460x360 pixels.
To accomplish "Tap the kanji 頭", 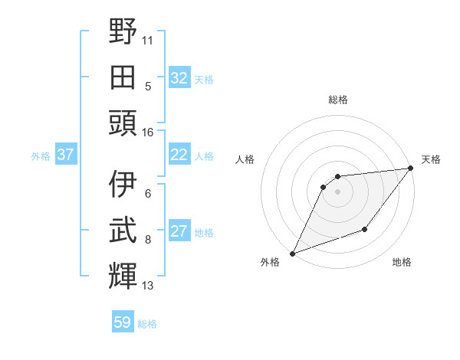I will coord(123,123).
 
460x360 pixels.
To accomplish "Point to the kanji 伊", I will coord(123,184).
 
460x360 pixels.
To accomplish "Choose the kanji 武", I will coord(123,230).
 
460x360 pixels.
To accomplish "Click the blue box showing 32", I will coord(179,78).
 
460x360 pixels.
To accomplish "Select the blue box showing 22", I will coord(179,155).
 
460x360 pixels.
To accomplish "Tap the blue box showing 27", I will coord(179,231).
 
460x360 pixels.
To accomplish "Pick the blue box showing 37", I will coord(65,155).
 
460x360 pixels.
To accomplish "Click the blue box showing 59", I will coord(123,322).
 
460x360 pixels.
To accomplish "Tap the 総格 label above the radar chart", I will coord(337,100).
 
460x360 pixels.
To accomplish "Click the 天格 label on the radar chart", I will coord(431,159).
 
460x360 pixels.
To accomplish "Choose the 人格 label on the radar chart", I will coord(245,159).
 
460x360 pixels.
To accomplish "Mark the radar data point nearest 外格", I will coord(292,254).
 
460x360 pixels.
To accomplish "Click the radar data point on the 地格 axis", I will coord(365,229).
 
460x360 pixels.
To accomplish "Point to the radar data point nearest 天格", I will coord(410,169).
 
